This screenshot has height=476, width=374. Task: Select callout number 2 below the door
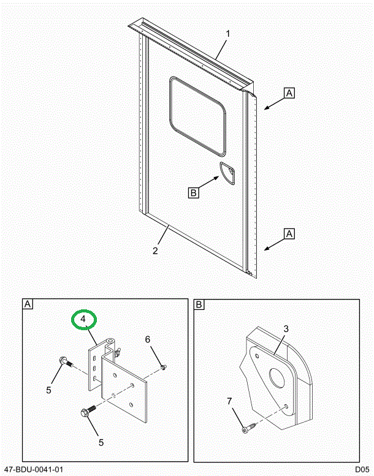156,251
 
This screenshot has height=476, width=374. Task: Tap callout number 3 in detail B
286,329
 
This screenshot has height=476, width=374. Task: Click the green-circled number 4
83,319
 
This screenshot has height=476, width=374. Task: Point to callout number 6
147,340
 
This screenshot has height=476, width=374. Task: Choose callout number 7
229,402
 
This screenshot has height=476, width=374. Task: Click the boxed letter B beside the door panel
193,193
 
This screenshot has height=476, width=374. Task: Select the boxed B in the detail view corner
199,304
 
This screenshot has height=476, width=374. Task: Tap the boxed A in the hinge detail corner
28,304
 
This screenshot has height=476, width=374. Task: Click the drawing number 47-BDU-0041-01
33,469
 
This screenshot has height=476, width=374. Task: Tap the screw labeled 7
246,431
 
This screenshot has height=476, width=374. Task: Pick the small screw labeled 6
163,367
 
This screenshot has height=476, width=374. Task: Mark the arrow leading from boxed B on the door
210,183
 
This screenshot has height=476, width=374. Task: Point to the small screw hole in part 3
287,406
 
